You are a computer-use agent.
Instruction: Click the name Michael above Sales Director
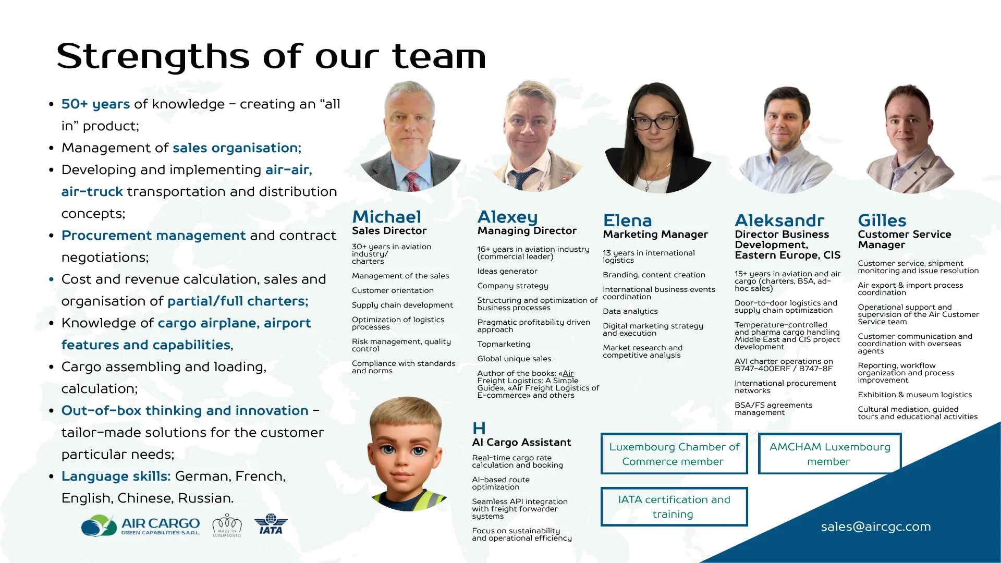tap(386, 217)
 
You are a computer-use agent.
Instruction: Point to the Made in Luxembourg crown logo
tap(227, 525)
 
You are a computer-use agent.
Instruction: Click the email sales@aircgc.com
tap(875, 527)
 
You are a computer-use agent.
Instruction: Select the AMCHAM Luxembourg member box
tap(829, 454)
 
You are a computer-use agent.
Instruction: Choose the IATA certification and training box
tap(674, 507)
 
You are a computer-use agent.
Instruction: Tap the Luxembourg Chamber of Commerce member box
tap(674, 454)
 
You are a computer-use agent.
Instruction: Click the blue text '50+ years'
tap(95, 104)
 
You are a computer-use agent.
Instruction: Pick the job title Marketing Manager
tap(655, 235)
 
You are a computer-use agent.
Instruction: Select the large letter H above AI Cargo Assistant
tap(479, 429)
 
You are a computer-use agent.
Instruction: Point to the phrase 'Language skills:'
tap(116, 476)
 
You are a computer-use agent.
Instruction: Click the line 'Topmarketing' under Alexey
tap(504, 344)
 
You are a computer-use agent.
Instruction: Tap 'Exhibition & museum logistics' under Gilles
tap(914, 395)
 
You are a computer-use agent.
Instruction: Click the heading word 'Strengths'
tap(153, 56)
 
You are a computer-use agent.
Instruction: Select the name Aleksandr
tap(779, 221)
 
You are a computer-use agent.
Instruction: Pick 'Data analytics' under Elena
tap(630, 311)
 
